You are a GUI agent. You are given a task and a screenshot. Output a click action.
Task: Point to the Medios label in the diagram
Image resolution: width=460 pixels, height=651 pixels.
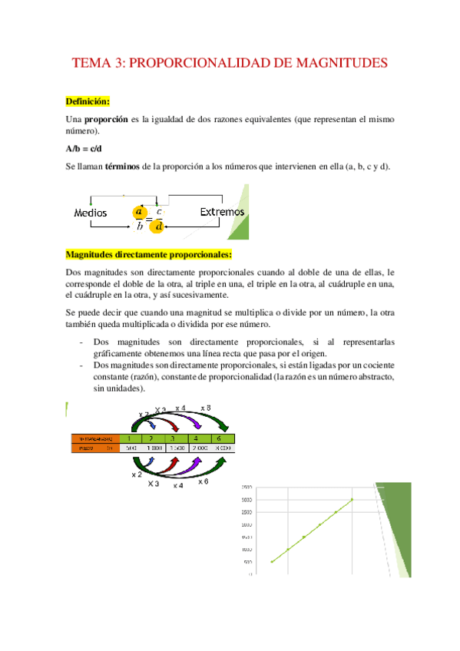click(90, 213)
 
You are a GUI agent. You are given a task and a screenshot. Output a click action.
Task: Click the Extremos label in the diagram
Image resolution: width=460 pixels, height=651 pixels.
click(222, 212)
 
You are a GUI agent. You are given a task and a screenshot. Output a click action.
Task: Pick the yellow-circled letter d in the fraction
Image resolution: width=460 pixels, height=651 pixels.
click(158, 226)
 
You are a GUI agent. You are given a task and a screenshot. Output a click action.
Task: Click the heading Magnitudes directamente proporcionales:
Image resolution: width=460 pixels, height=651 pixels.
click(149, 254)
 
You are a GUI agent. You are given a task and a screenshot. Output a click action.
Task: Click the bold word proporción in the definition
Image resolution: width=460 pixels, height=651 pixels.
click(105, 121)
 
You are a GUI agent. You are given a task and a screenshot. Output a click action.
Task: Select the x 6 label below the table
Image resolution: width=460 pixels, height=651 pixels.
click(203, 481)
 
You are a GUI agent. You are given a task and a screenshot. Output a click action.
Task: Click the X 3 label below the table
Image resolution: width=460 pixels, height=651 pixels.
click(154, 484)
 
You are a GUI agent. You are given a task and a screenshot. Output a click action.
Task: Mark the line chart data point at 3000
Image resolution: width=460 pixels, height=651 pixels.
click(352, 500)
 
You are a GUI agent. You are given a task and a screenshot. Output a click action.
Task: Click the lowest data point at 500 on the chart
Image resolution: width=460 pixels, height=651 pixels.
click(272, 562)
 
